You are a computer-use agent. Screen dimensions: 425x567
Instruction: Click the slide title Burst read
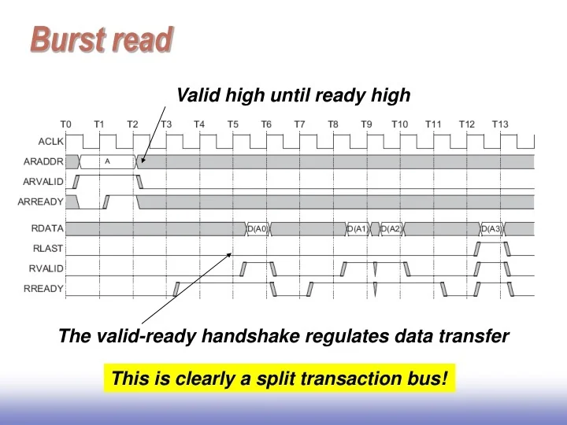[x=102, y=39]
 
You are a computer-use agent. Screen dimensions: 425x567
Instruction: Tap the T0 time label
[x=66, y=124]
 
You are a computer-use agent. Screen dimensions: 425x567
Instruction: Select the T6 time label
[x=266, y=124]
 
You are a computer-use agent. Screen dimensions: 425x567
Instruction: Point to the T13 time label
[x=500, y=124]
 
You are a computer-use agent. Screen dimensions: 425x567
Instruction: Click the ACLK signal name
[x=51, y=142]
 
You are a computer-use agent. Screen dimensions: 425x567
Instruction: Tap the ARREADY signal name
[x=41, y=201]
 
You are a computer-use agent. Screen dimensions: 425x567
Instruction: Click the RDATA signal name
[x=47, y=228]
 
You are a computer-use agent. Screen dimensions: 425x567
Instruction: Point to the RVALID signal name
[x=46, y=268]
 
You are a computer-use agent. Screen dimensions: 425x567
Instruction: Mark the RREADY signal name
[x=44, y=289]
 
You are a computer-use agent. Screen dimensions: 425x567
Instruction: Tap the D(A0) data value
[x=258, y=229]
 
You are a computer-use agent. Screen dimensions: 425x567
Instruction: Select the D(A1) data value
[x=358, y=229]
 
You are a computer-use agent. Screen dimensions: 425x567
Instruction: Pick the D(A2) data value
[x=391, y=229]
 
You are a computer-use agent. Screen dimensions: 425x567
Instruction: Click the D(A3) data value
[x=491, y=229]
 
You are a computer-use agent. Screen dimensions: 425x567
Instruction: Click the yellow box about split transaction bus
[x=280, y=379]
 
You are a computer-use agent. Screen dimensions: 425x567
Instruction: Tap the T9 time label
[x=366, y=124]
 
